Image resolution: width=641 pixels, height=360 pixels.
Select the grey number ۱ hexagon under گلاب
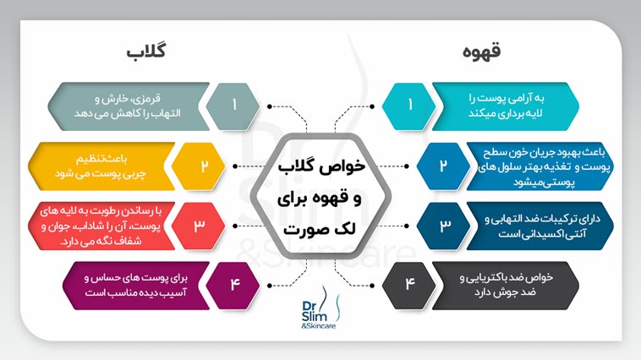233,106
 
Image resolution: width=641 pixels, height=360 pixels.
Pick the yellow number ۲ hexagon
204,164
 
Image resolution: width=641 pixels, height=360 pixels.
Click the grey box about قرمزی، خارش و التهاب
127,106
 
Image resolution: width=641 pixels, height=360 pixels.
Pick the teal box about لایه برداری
507,106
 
